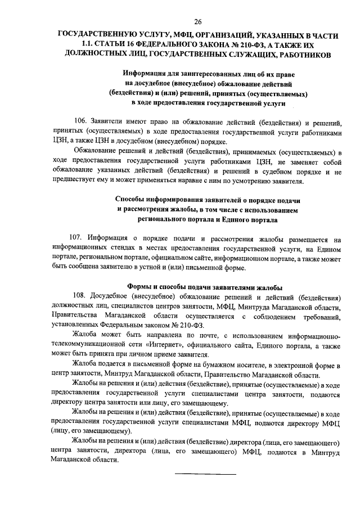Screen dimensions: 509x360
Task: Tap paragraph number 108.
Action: coord(80,296)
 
